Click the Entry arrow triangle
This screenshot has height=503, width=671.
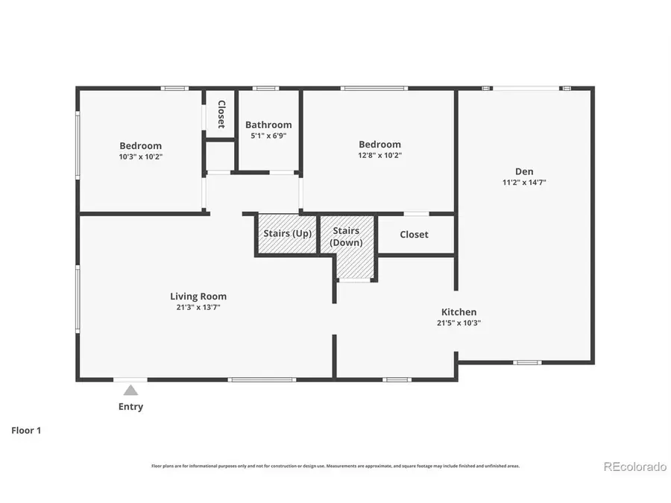coord(130,390)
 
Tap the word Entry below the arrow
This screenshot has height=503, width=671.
coord(130,407)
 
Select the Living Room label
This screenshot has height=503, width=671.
coord(198,296)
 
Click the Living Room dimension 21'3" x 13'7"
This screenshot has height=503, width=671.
coord(198,307)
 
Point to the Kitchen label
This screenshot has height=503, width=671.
coord(459,311)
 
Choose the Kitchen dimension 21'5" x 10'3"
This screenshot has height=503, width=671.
coord(459,323)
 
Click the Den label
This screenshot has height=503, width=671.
coord(524,171)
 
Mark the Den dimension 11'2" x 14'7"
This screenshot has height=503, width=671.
coord(524,182)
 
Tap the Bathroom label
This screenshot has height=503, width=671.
coord(268,124)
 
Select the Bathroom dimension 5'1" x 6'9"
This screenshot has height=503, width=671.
coord(268,136)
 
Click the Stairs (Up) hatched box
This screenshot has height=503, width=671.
coord(287,234)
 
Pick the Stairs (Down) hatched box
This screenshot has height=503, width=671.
coord(347,246)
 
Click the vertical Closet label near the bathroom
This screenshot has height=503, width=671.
coord(221,114)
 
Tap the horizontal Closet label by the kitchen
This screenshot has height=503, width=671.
coord(414,234)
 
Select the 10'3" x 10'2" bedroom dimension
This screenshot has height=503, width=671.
coord(140,156)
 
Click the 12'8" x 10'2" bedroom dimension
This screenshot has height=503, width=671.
coord(379,156)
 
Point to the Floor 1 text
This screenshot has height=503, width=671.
coord(26,430)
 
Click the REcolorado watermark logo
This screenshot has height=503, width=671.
coord(634,466)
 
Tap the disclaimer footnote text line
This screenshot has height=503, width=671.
coord(335,466)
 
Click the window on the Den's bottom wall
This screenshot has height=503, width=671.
coord(527,363)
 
